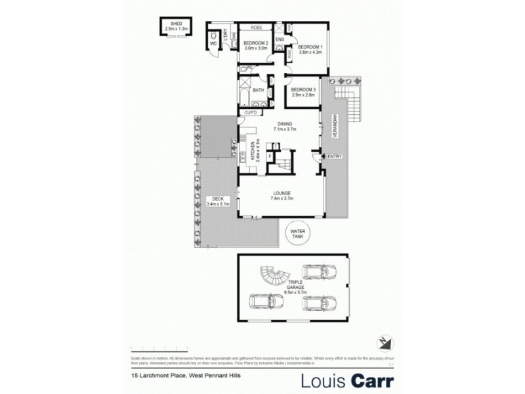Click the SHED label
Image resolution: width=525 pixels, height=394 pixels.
click(x=177, y=24)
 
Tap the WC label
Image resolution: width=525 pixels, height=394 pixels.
click(x=213, y=44)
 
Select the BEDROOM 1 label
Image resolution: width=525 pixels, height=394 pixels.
click(x=310, y=47)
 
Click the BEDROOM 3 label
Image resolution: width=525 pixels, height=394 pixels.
click(x=303, y=90)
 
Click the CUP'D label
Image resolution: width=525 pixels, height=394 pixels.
click(x=251, y=113)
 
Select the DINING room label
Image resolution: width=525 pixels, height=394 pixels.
click(x=284, y=123)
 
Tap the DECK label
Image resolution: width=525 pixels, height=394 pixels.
click(x=214, y=199)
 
